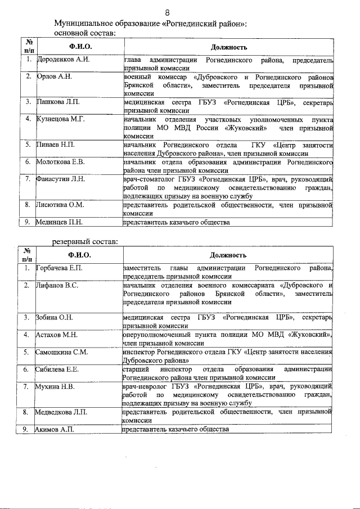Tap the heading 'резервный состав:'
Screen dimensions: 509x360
click(x=85, y=241)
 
